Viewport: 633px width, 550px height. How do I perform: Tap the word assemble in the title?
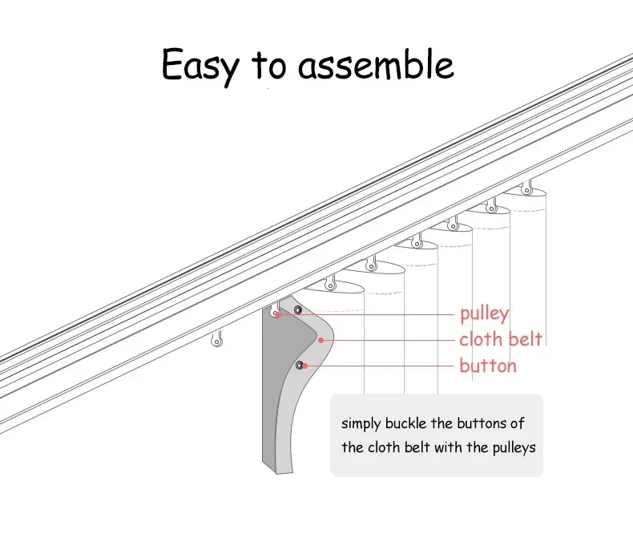[376, 64]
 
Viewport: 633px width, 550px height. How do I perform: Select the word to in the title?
[270, 66]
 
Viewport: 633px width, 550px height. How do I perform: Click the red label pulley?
[484, 313]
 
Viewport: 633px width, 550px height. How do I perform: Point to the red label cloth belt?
[501, 339]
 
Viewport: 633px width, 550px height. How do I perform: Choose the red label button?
[487, 366]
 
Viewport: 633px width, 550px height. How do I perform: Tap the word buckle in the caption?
[415, 423]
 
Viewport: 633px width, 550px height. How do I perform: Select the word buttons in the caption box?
[485, 423]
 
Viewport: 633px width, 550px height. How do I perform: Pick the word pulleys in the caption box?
[510, 447]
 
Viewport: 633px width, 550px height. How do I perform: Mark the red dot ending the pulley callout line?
[276, 315]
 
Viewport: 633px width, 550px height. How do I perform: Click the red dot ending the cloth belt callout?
[321, 340]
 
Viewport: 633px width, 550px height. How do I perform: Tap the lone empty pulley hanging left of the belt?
[216, 340]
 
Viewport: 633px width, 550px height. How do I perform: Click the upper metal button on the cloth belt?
[298, 309]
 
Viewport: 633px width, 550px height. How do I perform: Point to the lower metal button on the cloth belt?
[300, 366]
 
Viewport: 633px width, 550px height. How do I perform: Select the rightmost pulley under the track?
[526, 188]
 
